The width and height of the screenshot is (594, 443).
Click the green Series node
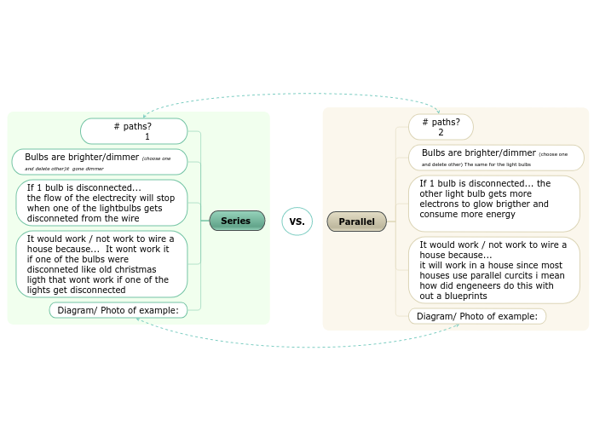point(236,221)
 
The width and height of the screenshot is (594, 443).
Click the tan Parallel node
point(356,221)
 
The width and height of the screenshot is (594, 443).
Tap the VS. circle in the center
point(297,221)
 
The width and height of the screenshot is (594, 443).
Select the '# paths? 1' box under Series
point(134,131)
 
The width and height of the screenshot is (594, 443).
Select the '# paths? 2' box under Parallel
point(441,127)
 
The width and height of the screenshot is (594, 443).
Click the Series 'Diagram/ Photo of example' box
point(118,310)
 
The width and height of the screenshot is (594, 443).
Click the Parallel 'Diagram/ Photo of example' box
point(476,316)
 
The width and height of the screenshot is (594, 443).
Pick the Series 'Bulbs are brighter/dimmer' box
point(99,162)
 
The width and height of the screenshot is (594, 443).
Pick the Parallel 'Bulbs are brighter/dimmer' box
point(496,158)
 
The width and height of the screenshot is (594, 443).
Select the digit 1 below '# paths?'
point(147,137)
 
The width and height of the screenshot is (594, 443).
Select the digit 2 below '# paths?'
point(441,133)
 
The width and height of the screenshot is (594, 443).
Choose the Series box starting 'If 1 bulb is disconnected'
point(101,203)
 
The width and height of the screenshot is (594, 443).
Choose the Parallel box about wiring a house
point(493,270)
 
